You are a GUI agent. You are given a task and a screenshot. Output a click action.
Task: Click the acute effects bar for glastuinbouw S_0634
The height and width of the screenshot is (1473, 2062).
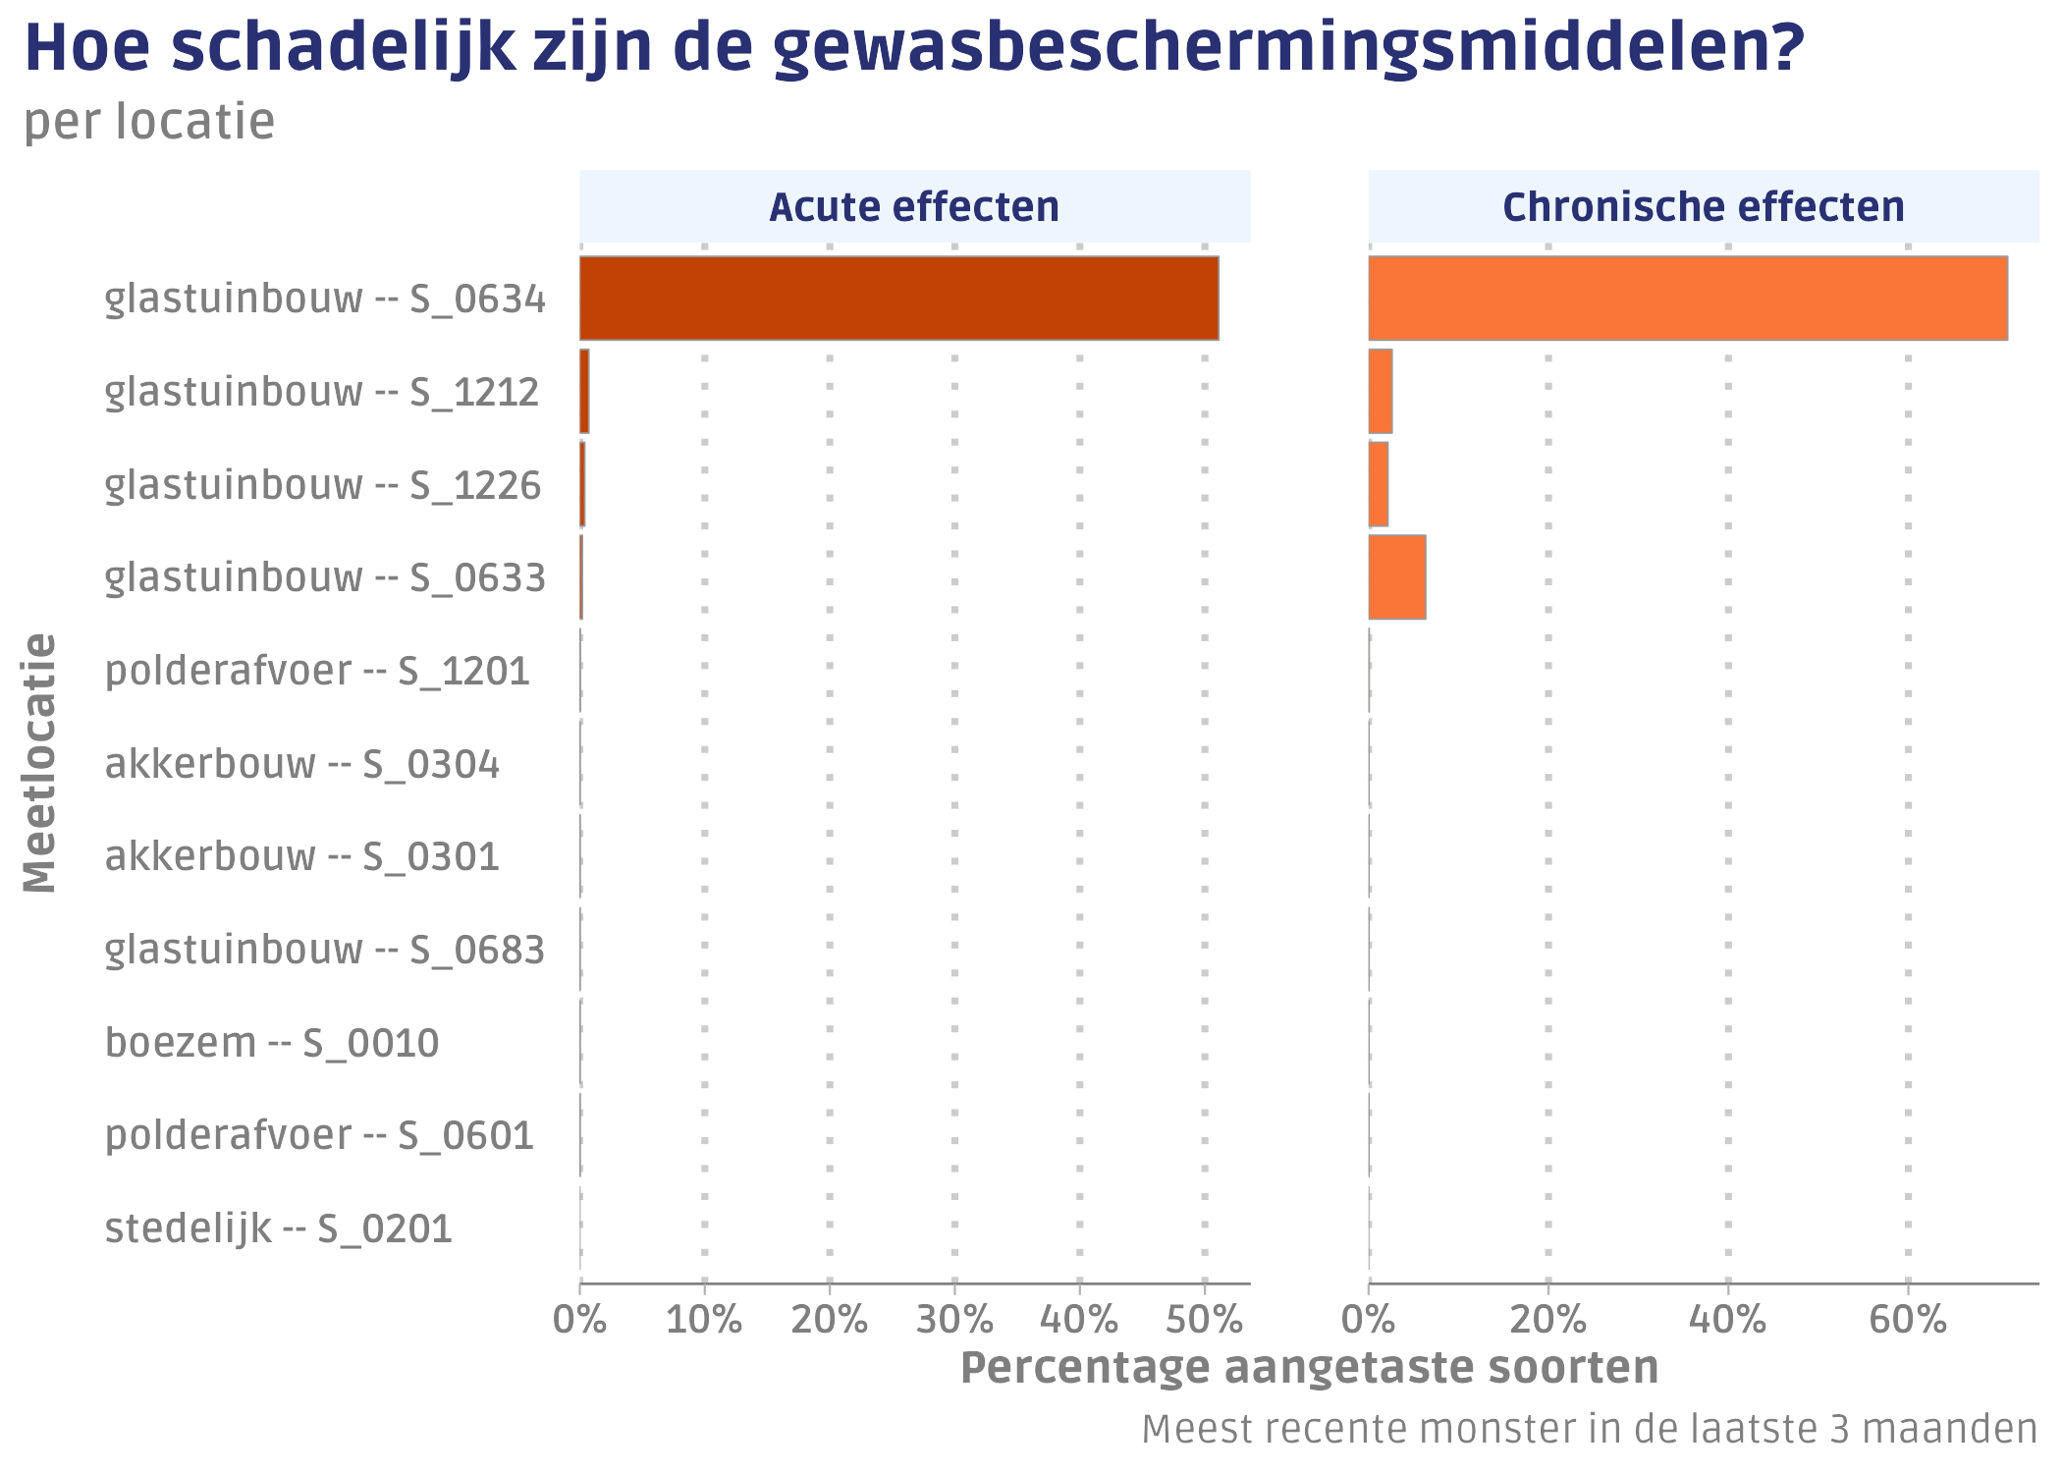pos(898,299)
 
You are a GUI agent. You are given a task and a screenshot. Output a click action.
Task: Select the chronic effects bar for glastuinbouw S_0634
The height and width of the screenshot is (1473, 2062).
pos(1687,299)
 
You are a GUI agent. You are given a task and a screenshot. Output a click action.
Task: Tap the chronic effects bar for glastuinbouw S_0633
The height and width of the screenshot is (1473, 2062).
pos(1396,577)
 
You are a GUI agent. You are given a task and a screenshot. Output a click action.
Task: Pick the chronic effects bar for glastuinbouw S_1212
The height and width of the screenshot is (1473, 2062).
pos(1381,391)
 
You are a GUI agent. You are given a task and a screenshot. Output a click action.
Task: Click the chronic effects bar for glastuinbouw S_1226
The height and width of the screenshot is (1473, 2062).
pos(1379,484)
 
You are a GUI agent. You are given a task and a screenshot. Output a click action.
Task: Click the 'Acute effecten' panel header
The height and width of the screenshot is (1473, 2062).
pos(914,207)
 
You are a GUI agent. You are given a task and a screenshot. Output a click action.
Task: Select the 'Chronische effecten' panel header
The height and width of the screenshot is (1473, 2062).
pos(1703,207)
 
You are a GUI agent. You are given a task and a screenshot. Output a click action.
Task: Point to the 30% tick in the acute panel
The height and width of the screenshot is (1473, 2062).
pos(954,1320)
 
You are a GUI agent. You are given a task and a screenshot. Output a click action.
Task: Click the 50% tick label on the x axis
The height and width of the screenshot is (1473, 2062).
pos(1205,1320)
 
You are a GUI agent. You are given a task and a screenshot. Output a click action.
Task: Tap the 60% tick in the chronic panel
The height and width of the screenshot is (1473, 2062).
pos(1907,1320)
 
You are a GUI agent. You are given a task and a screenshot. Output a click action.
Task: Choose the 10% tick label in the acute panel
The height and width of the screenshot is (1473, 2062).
pos(704,1320)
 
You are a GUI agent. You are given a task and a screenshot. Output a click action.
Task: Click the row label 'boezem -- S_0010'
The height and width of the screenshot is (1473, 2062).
pos(272,1043)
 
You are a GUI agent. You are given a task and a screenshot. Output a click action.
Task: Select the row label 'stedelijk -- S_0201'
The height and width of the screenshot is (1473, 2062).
pos(279,1228)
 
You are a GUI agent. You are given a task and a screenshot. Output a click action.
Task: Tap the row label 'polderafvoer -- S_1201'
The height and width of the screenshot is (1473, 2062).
pos(317,671)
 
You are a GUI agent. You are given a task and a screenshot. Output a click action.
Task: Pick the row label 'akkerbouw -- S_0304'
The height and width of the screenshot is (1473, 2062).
pos(302,764)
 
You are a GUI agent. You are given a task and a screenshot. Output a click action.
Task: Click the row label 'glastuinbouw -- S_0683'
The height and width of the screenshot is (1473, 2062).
pos(325,950)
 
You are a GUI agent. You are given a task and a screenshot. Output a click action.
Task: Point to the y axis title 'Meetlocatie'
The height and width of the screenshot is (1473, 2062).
pos(40,763)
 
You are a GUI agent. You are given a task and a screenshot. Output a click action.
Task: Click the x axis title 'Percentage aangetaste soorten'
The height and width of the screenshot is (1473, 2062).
pos(1309,1368)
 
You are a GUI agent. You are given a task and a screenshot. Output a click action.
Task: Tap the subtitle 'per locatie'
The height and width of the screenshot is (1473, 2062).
pos(149,122)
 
